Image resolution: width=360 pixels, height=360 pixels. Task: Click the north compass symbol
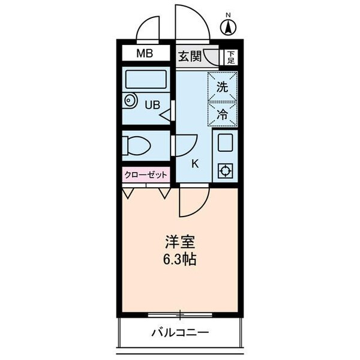[x=228, y=26]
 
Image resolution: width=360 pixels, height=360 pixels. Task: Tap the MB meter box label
[x=144, y=54]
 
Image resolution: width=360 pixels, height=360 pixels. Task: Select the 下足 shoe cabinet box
[x=230, y=56]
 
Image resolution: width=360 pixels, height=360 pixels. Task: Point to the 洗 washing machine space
[x=222, y=86]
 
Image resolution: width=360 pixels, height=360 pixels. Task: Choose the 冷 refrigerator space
[x=222, y=114]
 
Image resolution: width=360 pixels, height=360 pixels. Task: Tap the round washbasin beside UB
[x=130, y=101]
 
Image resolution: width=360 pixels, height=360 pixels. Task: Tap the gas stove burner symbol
[x=226, y=171]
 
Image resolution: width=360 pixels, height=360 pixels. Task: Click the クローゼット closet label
[x=146, y=175]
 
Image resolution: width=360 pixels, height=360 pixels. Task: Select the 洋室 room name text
[x=179, y=245]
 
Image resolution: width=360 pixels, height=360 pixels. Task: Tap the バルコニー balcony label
[x=179, y=332]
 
